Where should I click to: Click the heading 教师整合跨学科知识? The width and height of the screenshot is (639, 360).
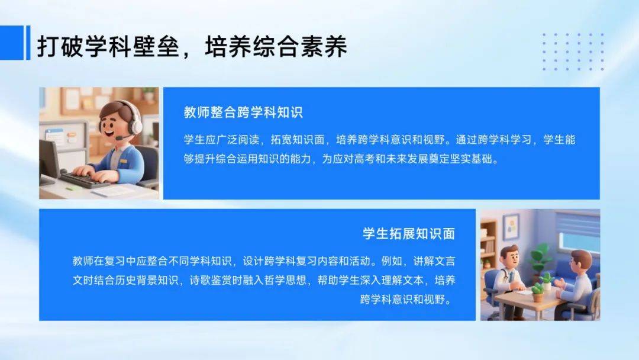[243, 112]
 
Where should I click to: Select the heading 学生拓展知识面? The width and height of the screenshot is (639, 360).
[408, 234]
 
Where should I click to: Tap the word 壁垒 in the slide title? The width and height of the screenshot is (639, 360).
[156, 46]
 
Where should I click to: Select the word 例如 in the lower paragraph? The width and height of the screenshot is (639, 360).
[392, 261]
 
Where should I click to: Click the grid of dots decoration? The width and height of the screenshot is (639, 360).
[573, 52]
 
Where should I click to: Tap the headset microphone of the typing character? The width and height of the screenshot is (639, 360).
[123, 137]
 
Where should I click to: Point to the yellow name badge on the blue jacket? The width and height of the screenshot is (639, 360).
[122, 162]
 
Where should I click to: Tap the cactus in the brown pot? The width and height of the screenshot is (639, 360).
[537, 292]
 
